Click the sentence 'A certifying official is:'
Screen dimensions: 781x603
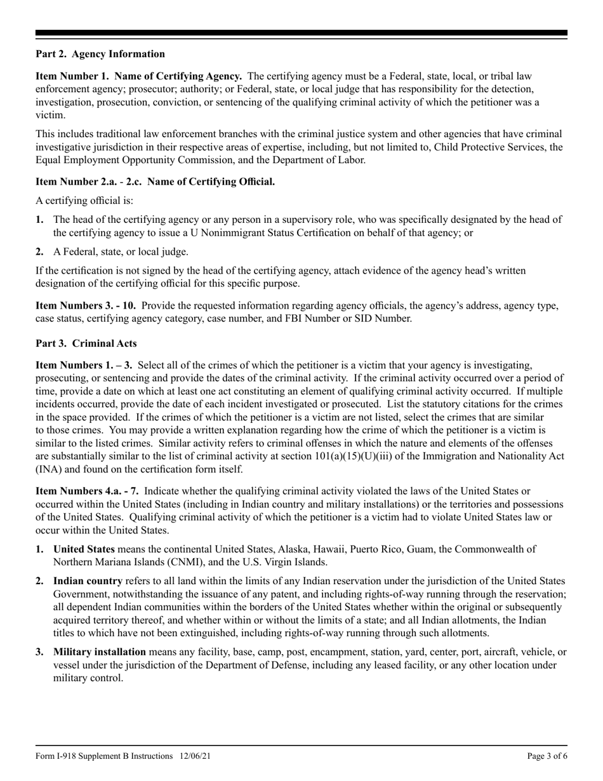pyautogui.click(x=84, y=201)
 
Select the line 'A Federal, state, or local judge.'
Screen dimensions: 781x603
pyautogui.click(x=121, y=252)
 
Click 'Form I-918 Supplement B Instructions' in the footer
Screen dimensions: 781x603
pyautogui.click(x=104, y=756)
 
